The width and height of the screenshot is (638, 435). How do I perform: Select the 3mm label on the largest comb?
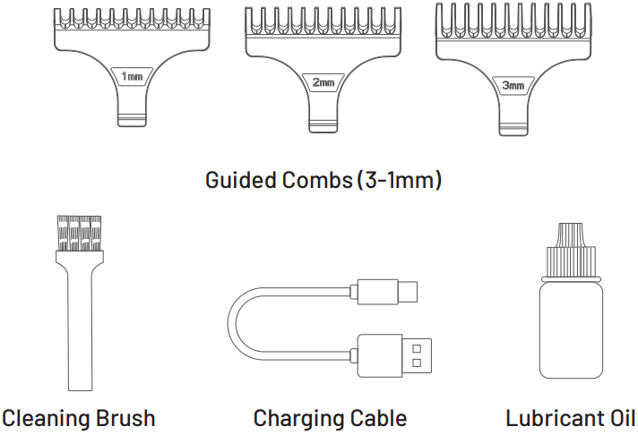(x=513, y=86)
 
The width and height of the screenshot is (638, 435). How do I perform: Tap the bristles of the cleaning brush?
(x=77, y=233)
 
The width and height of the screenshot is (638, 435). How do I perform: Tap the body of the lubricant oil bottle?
(x=570, y=327)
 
